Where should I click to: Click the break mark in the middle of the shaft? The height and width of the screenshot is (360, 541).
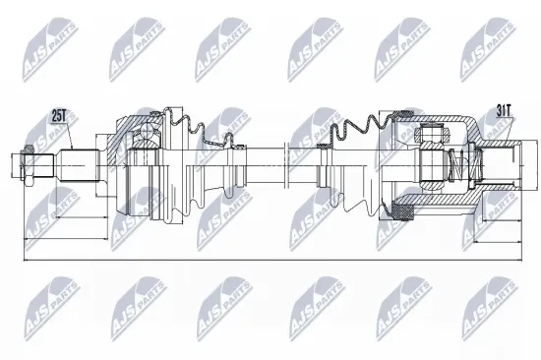point(285,157)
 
